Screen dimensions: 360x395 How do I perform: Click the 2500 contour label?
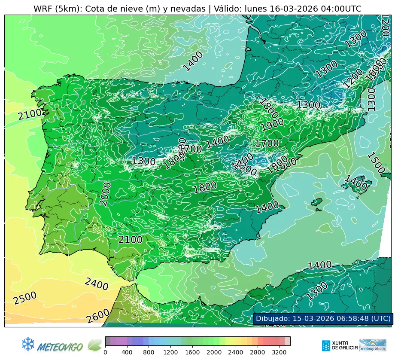25,298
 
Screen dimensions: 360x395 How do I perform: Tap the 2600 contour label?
98,316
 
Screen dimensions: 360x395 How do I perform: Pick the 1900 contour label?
272,123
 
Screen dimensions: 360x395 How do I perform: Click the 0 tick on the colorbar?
105,353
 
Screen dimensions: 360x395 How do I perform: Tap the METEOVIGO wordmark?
60,346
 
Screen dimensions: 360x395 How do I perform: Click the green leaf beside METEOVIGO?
94,345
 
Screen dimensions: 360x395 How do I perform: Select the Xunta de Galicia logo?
339,345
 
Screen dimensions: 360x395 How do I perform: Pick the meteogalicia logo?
373,345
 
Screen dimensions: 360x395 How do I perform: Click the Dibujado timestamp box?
323,318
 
